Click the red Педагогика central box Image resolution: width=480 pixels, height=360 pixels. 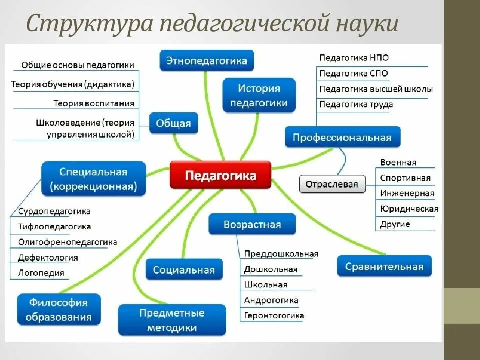tap(220, 175)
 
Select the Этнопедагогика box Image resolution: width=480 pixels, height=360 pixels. tap(206, 61)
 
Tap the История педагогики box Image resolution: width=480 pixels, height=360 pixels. tap(259, 96)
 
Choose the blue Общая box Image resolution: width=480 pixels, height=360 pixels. tap(174, 123)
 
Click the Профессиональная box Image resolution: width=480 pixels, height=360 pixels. tap(342, 137)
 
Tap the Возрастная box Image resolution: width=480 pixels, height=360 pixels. tap(252, 224)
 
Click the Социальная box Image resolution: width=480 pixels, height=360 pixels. tap(184, 270)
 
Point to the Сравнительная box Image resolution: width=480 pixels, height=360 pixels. tap(384, 266)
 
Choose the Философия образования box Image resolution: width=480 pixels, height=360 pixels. tap(58, 309)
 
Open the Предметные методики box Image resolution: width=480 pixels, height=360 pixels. tap(172, 320)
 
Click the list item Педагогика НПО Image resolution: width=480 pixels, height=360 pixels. tap(354, 58)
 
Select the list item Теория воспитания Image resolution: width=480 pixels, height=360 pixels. tap(94, 103)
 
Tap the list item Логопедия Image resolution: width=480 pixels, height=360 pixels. tap(41, 273)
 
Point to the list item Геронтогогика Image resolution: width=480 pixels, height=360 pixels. tap(274, 316)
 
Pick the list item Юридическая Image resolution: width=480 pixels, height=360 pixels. tap(409, 209)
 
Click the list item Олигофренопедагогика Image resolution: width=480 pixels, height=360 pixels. tap(67, 242)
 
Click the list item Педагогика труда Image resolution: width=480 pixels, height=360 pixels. tap(356, 105)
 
